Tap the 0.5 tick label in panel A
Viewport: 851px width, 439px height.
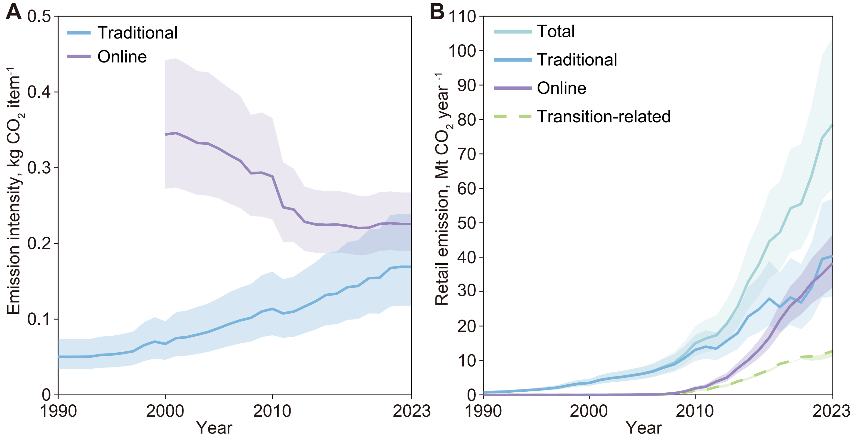point(39,17)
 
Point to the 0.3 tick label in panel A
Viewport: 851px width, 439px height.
point(39,168)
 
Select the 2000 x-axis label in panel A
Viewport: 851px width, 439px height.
point(165,411)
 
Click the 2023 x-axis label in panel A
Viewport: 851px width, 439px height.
point(411,411)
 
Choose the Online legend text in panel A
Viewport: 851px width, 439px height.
point(122,57)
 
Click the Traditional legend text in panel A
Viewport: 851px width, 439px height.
point(138,33)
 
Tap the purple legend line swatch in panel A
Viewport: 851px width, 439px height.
point(79,57)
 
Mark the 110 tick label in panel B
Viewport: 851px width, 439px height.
point(462,17)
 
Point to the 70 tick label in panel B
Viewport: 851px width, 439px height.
point(467,154)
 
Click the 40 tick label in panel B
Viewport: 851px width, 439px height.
point(467,257)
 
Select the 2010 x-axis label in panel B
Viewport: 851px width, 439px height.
point(695,411)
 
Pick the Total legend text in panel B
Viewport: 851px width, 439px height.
point(556,31)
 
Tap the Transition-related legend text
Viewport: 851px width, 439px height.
point(603,117)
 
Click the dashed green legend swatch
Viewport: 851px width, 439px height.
point(513,116)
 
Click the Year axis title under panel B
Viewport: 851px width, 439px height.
point(644,428)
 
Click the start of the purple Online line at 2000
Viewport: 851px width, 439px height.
point(166,134)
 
